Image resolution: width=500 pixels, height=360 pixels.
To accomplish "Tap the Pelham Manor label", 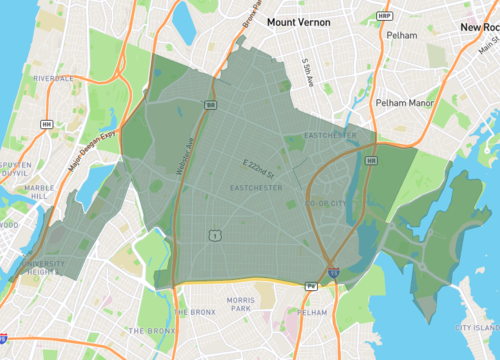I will pos(405,102).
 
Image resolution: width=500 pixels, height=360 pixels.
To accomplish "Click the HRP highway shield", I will pos(385,17).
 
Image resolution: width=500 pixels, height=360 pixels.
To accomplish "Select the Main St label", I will pos(487,43).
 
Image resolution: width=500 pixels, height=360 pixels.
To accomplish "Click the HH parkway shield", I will pos(46,124).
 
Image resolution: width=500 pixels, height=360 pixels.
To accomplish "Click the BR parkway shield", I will pos(210,104).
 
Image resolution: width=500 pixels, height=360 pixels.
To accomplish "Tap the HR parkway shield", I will pos(371,160).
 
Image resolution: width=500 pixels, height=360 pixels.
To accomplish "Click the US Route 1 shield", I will pos(214,235).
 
